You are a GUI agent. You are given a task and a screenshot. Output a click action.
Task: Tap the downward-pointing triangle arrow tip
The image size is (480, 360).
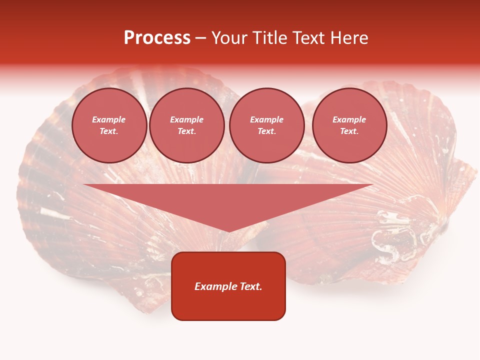[x=228, y=227]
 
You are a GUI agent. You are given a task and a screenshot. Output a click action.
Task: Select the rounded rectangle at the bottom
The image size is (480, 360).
[x=228, y=305]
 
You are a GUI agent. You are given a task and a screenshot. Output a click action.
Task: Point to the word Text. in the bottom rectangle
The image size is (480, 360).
[x=249, y=286]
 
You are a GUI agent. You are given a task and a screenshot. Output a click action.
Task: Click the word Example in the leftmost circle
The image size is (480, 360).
[x=109, y=119]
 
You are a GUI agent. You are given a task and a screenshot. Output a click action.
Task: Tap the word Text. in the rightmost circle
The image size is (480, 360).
[x=349, y=131]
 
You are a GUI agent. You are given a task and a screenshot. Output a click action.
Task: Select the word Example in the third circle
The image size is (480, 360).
[x=267, y=119]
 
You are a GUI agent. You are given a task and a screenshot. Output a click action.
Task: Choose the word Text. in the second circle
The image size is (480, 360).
[x=187, y=131]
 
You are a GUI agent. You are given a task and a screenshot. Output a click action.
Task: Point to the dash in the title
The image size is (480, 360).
[x=200, y=38]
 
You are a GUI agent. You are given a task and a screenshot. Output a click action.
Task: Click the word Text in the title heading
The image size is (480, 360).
[x=309, y=38]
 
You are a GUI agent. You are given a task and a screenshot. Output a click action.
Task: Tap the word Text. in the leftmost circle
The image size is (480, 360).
[x=109, y=131]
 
